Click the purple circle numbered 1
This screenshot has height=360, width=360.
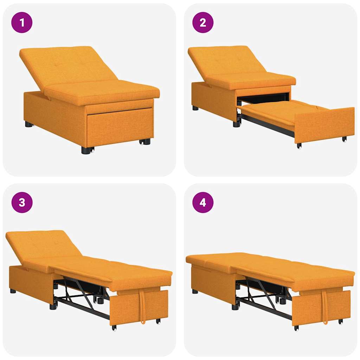22,22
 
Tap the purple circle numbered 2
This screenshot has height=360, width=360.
203,22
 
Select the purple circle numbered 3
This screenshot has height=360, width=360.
22,202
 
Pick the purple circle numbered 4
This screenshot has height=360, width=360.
203,202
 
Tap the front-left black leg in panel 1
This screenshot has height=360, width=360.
86,150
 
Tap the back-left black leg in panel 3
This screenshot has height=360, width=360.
13,291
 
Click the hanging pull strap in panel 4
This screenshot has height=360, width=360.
324,306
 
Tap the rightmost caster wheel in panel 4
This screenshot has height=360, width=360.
340,321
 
